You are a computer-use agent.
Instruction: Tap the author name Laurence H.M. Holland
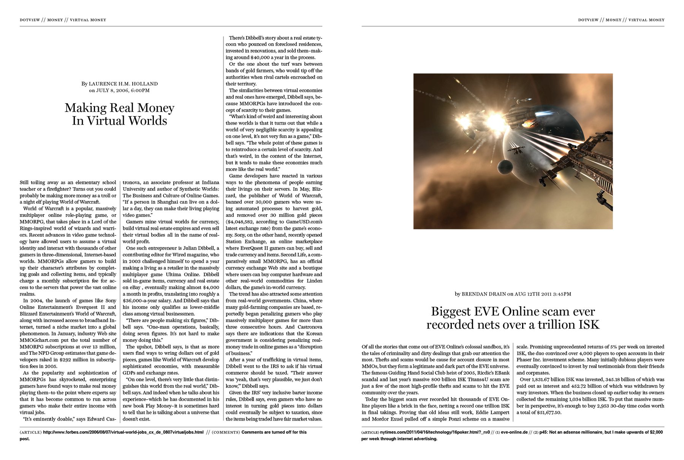(x=123, y=84)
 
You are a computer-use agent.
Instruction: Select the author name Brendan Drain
(x=484, y=294)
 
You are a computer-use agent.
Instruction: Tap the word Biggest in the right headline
(x=451, y=311)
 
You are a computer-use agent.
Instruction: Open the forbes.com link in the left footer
(x=123, y=432)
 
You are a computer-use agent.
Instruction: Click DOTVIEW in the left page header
(x=30, y=20)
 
